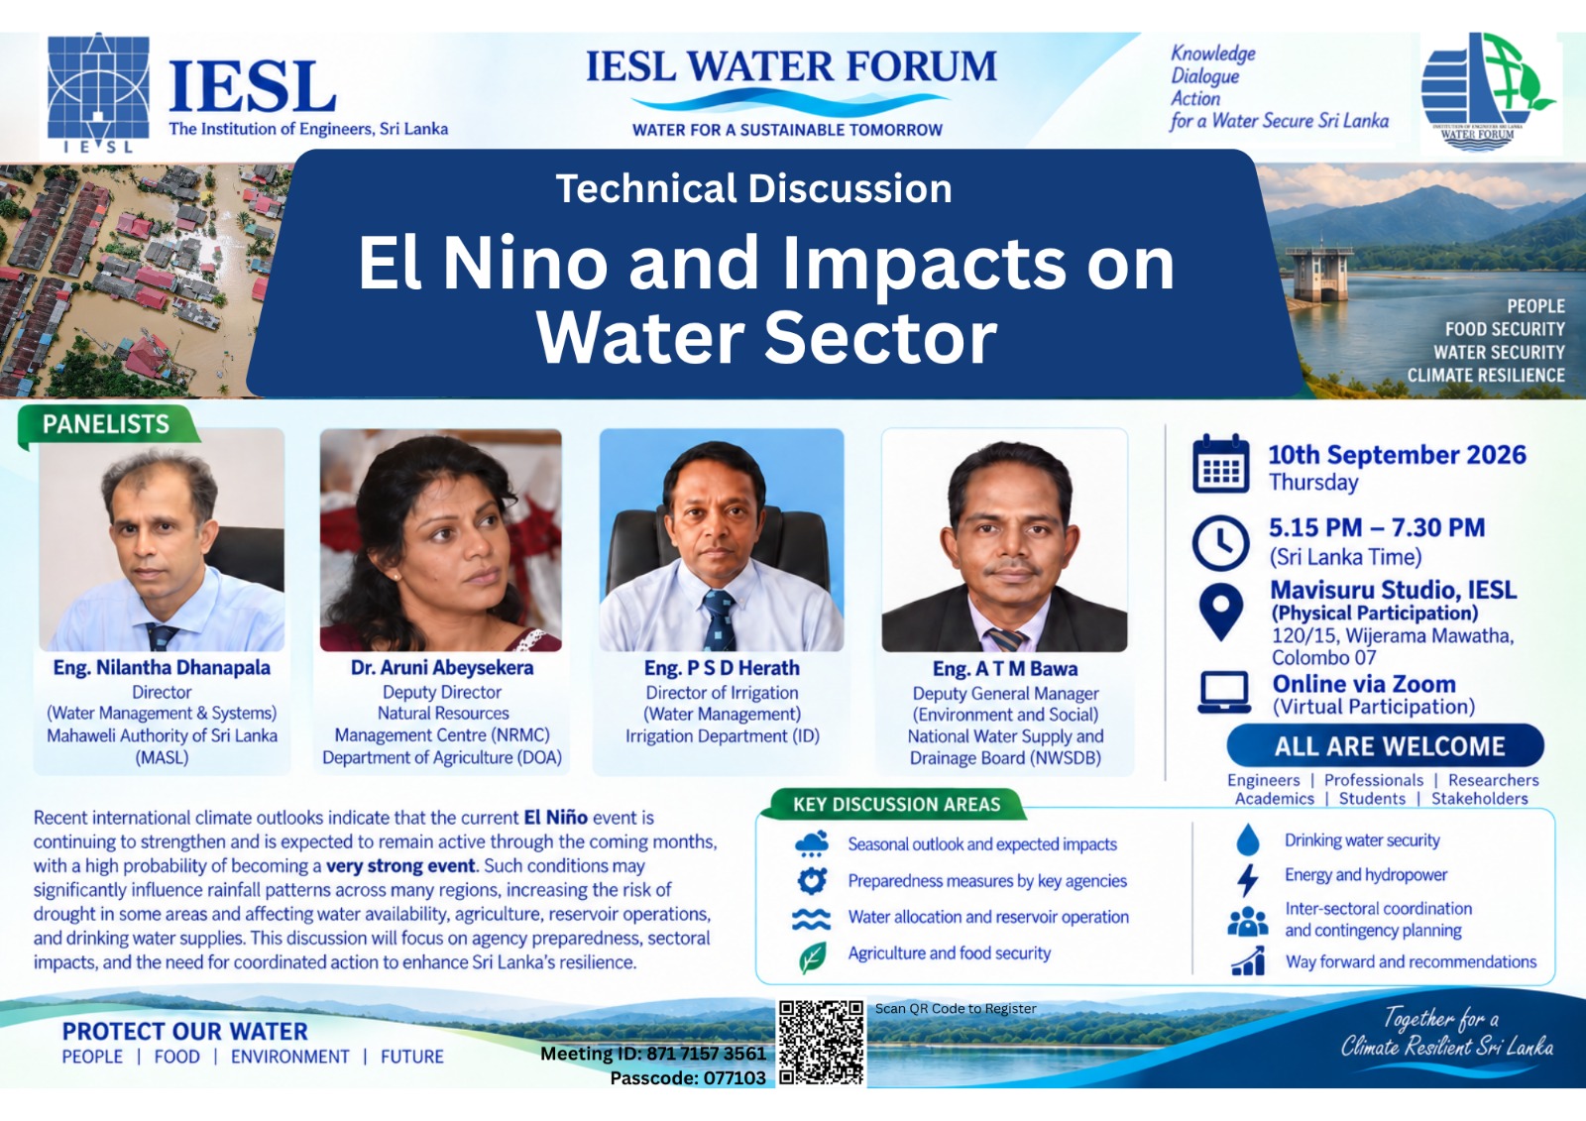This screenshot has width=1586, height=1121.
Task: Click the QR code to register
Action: tap(822, 1043)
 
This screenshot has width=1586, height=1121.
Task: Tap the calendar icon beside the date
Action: tap(1220, 464)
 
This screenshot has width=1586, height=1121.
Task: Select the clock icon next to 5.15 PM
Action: tap(1220, 543)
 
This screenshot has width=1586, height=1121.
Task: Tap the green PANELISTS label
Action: tap(106, 424)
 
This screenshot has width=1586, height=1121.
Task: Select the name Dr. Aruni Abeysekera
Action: tap(442, 668)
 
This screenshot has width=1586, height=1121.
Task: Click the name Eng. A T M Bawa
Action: tap(1005, 668)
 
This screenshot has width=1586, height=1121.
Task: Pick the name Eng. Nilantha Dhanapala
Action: tap(162, 668)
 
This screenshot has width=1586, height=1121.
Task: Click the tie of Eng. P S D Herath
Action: tap(719, 620)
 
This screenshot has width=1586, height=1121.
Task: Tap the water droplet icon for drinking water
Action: tap(1248, 840)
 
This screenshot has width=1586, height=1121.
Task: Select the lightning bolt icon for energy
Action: tap(1248, 879)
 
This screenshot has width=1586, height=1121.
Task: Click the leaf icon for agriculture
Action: tap(812, 957)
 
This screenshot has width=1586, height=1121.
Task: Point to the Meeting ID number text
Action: tap(653, 1054)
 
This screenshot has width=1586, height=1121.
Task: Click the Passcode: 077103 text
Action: tap(688, 1077)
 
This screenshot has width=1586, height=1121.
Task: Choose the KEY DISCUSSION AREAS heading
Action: tap(896, 805)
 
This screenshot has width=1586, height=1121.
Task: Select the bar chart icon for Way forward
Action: tap(1248, 961)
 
